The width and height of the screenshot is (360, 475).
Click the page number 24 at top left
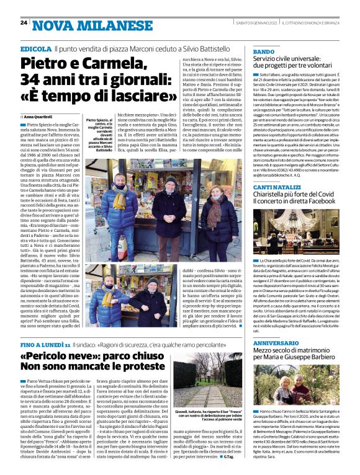pyautogui.click(x=24, y=23)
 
